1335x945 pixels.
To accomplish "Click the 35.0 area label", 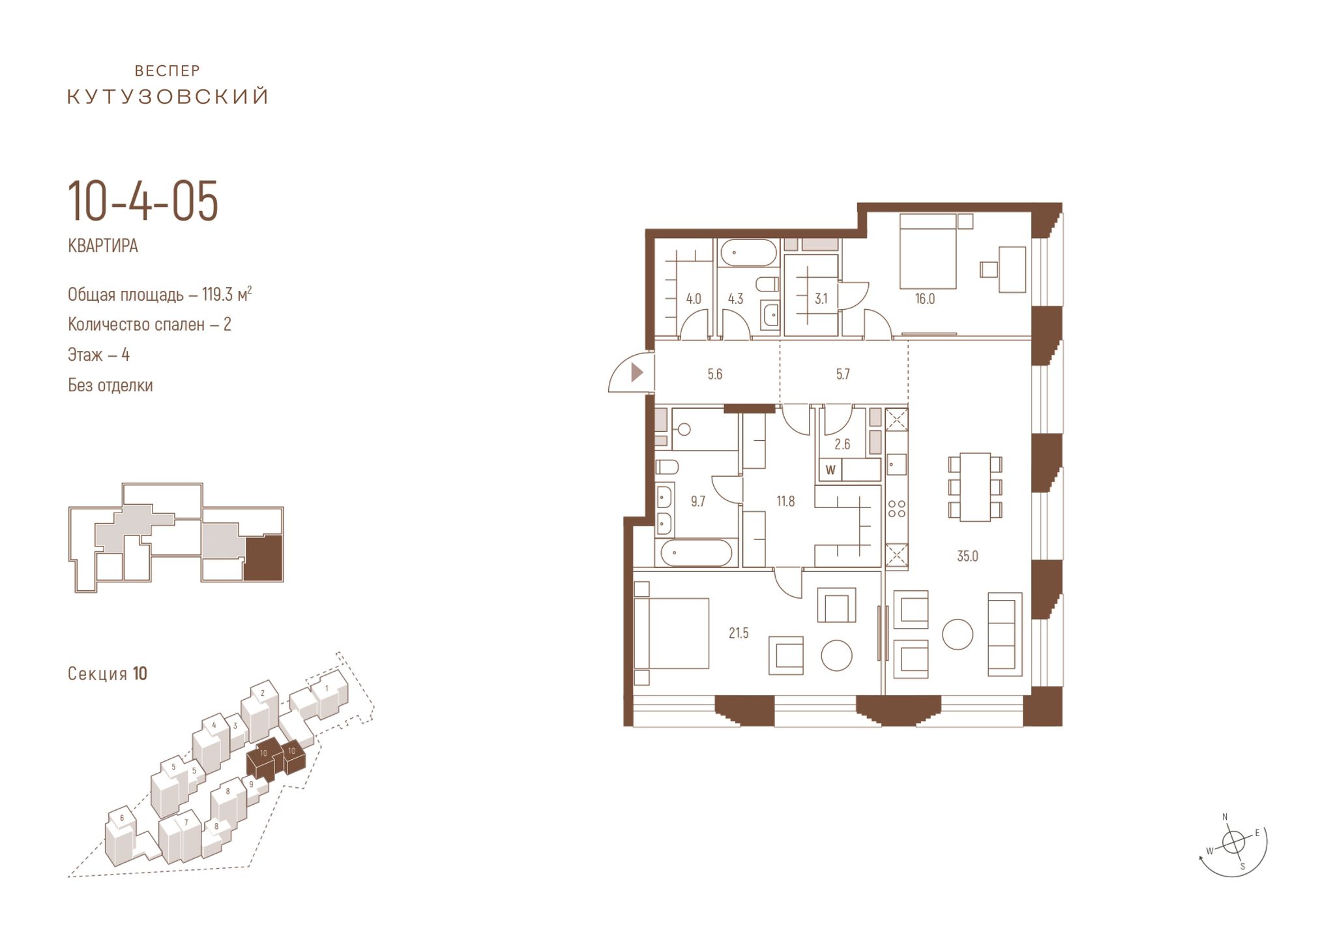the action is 967,556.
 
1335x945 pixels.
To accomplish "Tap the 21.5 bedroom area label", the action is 739,633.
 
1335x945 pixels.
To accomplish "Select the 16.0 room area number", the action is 925,299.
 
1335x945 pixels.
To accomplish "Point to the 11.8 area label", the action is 785,502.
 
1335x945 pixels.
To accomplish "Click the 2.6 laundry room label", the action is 842,445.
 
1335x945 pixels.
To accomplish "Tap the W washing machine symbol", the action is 830,470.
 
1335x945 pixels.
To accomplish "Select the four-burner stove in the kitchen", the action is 896,508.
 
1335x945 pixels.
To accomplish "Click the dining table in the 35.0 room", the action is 975,487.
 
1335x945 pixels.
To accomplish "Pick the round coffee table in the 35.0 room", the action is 958,634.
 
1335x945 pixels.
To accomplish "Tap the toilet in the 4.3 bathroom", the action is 767,284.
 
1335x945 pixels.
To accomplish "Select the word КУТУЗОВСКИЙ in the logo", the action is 168,97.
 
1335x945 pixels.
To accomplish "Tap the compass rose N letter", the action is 1225,817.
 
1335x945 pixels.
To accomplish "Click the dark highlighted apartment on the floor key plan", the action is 263,558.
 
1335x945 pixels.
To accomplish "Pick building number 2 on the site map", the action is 262,693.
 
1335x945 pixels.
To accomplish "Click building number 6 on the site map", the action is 121,818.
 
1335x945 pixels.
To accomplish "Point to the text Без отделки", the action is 110,385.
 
